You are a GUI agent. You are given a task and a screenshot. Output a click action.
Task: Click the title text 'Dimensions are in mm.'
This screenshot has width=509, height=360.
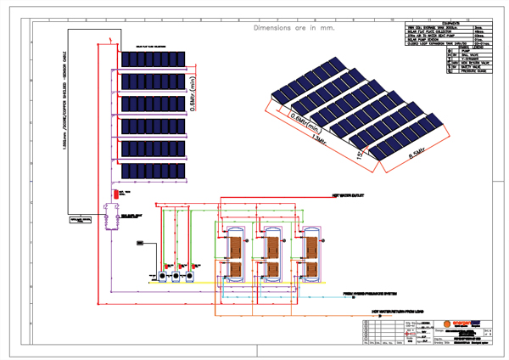point(294,28)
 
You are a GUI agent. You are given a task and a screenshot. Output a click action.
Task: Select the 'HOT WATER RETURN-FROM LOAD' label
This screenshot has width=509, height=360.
point(400,312)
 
